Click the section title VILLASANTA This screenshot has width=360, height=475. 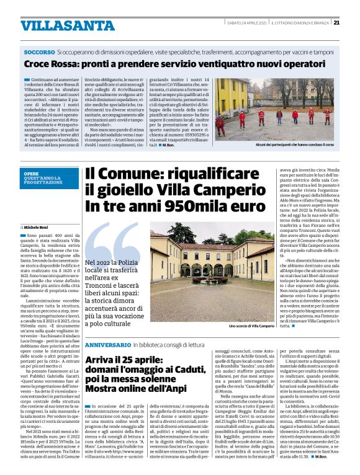click(x=60, y=25)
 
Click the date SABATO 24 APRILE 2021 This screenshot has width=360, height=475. click(x=247, y=22)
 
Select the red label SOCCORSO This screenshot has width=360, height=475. click(x=38, y=53)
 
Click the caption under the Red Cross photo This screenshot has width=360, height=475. click(x=281, y=144)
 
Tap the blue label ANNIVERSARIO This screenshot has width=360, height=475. click(x=107, y=344)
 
